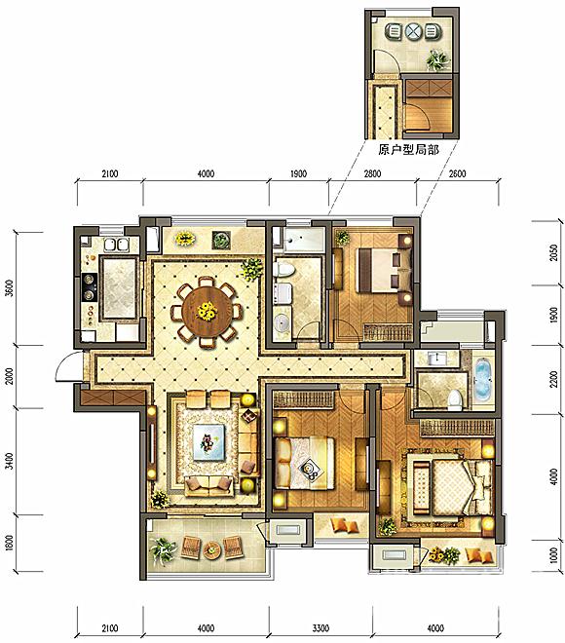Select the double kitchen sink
pos(116,245)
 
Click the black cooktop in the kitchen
pos(89,287)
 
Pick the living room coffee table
pos(209,442)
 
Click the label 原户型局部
pos(408,150)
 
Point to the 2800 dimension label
pos(372,173)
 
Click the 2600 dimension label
pos(457,173)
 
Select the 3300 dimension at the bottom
pos(320,628)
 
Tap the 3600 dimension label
pos(10,287)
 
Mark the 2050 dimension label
pos(554,252)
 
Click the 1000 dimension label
pos(554,555)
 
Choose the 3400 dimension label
pos(10,461)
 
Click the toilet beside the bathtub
pos(454,399)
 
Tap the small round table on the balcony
pos(212,548)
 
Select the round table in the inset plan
pos(413,31)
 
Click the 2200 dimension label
pos(554,379)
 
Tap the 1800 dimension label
pos(10,544)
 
